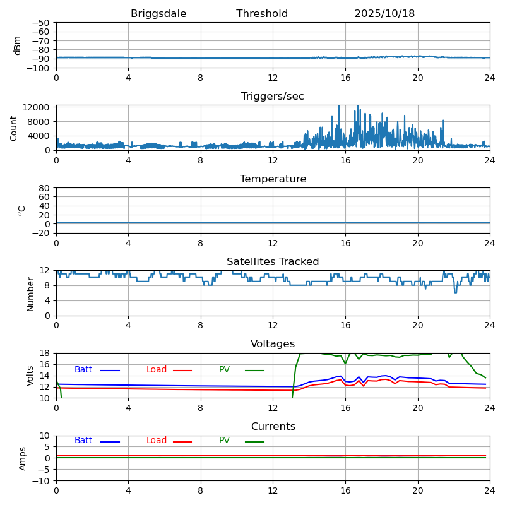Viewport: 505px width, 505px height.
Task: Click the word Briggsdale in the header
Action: click(158, 14)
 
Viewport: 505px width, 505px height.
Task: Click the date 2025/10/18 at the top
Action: click(384, 14)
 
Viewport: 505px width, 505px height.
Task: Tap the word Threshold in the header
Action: click(262, 14)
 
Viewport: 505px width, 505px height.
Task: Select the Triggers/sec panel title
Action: click(273, 97)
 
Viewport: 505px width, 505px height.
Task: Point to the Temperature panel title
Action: click(273, 179)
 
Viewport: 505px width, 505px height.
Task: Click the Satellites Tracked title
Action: click(273, 262)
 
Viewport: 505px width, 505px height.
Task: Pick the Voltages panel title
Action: click(273, 344)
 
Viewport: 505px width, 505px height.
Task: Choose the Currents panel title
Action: click(273, 427)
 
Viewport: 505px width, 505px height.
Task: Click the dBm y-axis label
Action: click(18, 45)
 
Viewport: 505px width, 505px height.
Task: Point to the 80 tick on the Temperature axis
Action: click(45, 188)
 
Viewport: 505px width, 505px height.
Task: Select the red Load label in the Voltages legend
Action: click(157, 370)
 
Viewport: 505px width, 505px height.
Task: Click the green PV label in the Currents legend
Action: click(224, 441)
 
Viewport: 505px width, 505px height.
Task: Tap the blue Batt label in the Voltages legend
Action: click(83, 370)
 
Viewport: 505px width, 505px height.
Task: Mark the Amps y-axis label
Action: click(23, 458)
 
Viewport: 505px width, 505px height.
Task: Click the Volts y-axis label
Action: click(30, 376)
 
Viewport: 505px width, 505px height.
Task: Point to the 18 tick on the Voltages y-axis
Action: click(45, 353)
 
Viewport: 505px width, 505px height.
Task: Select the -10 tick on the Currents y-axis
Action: click(42, 481)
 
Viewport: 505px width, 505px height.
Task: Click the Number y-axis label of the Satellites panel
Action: click(30, 294)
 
